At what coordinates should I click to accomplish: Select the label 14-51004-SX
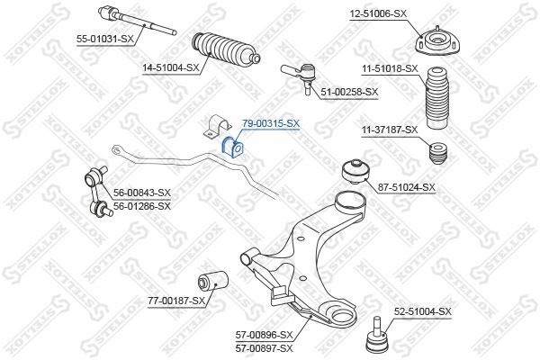click(168, 67)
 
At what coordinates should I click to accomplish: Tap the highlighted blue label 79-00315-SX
click(271, 123)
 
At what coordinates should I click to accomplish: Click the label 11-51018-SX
click(390, 68)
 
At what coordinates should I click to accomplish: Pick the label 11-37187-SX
click(390, 130)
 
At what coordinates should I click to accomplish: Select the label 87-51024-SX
click(406, 187)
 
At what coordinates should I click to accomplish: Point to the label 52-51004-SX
click(421, 310)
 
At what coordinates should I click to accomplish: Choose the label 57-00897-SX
click(264, 347)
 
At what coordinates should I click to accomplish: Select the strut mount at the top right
click(430, 42)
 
